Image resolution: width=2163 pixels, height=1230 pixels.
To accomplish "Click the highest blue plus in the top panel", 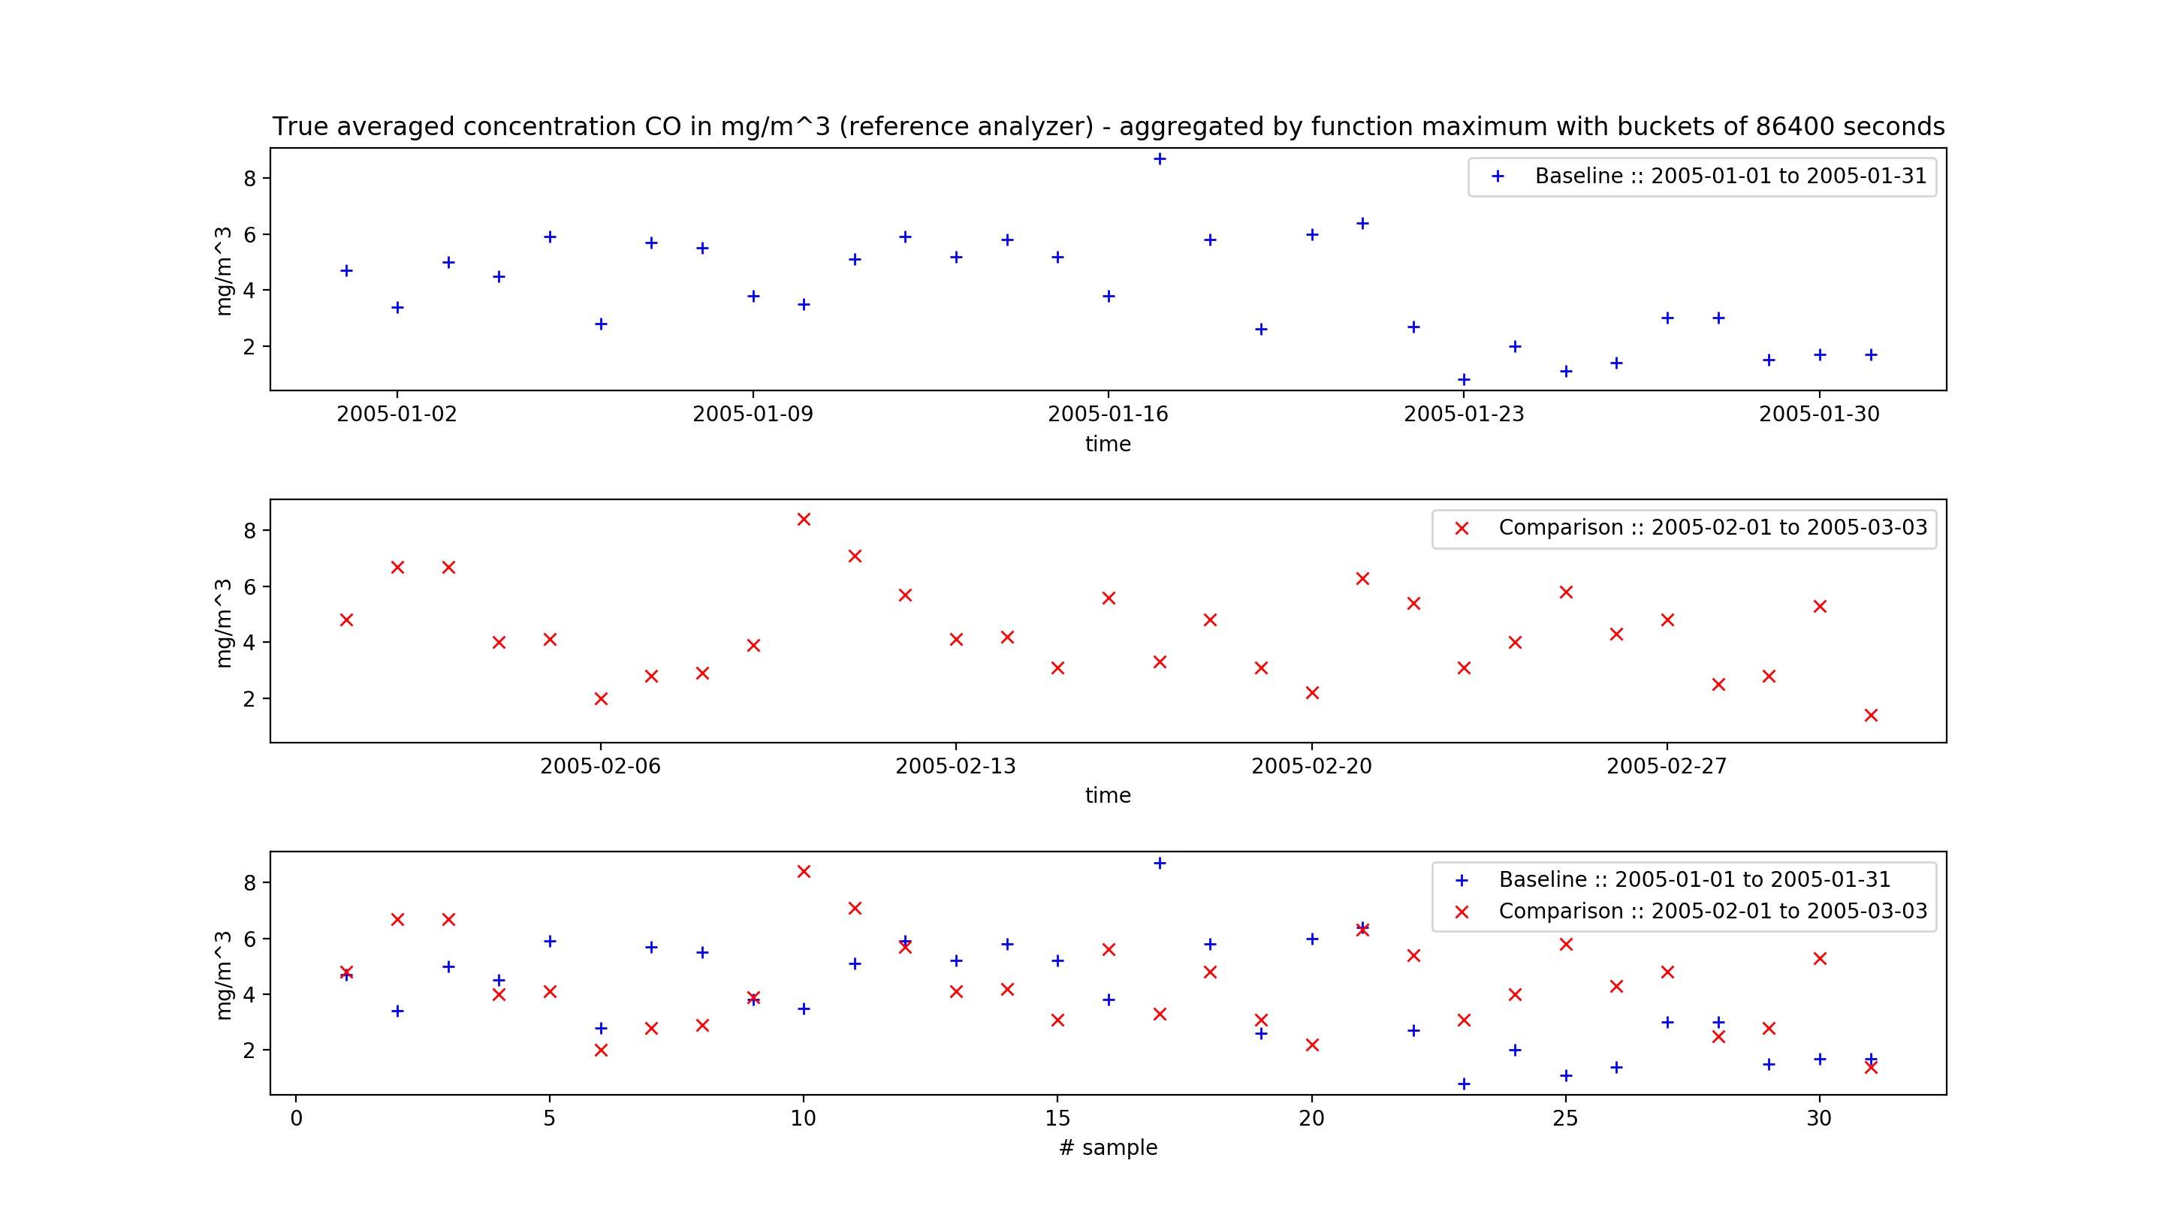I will pyautogui.click(x=1160, y=159).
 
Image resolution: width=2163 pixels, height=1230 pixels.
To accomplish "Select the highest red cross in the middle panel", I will pyautogui.click(x=804, y=520).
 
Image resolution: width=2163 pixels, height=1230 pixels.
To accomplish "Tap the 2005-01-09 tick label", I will pyautogui.click(x=752, y=414).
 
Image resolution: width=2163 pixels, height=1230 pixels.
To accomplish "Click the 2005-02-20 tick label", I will pyautogui.click(x=1311, y=766).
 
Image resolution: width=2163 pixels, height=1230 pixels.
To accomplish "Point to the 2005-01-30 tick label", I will pyautogui.click(x=1818, y=414).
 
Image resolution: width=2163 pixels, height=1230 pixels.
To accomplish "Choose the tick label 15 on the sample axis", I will pyautogui.click(x=1057, y=1119).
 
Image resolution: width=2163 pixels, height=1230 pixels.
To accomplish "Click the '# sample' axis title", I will pyautogui.click(x=1108, y=1147).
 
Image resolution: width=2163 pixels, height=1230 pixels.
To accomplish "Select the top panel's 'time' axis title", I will pyautogui.click(x=1108, y=445).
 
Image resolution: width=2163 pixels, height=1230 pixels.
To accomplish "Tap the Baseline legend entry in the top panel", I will pyautogui.click(x=1730, y=176).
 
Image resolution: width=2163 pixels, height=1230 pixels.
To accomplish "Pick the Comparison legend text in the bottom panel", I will pyautogui.click(x=1712, y=912).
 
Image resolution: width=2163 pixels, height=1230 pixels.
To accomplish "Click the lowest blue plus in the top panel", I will pyautogui.click(x=1463, y=380).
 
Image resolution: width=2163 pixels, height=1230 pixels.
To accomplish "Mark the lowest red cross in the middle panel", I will pyautogui.click(x=1871, y=716).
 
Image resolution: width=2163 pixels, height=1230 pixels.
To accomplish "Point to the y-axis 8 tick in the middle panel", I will pyautogui.click(x=249, y=530).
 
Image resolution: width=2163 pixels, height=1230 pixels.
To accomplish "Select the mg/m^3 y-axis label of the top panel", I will pyautogui.click(x=222, y=270).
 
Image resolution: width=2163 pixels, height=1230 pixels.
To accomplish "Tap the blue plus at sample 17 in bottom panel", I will pyautogui.click(x=1160, y=864).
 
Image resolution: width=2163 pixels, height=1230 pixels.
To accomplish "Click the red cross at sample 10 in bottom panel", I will pyautogui.click(x=804, y=872).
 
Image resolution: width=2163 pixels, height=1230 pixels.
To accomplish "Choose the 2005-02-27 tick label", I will pyautogui.click(x=1666, y=766).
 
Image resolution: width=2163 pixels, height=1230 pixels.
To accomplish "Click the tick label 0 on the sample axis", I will pyautogui.click(x=296, y=1119).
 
